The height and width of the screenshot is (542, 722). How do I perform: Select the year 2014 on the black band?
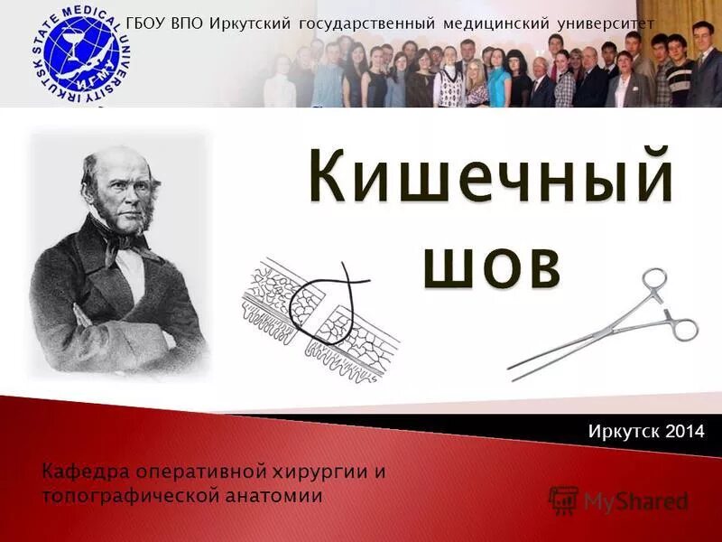tap(682, 432)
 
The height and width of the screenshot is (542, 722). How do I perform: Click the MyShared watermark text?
tap(635, 501)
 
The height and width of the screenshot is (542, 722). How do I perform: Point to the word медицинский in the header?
tap(481, 23)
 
